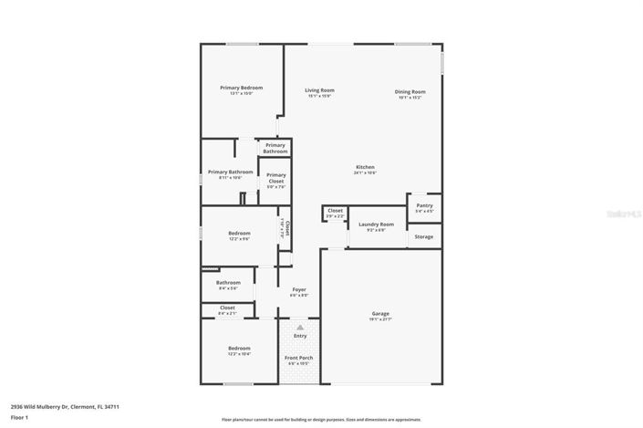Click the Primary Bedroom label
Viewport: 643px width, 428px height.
234,89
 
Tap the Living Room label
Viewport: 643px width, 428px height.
318,90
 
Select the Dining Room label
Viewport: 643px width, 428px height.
410,92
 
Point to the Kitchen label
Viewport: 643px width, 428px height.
365,168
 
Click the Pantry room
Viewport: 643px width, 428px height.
424,207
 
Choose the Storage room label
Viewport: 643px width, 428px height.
424,236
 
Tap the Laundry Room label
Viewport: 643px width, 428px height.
376,224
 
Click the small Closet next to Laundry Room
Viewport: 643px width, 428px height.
335,212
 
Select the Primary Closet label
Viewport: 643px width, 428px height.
275,177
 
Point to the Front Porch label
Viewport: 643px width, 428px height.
299,359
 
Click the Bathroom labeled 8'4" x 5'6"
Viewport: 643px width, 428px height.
228,284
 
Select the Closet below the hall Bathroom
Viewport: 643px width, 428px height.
227,309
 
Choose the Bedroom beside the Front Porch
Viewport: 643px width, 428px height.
239,350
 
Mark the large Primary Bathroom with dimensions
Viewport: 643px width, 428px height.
230,173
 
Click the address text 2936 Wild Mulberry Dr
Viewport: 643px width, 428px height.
65,407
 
